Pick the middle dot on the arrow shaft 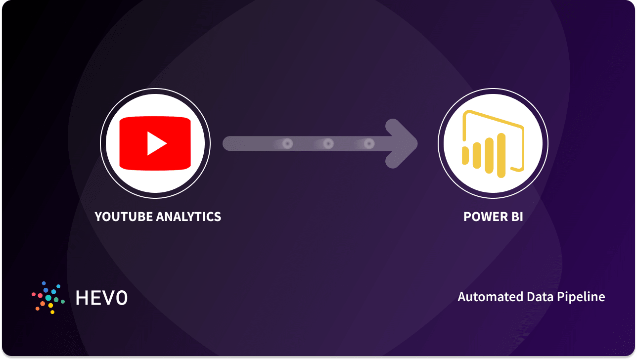pos(328,144)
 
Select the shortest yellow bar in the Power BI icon pos(465,155)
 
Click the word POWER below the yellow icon pos(481,217)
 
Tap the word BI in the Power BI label pos(514,217)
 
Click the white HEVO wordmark pos(101,297)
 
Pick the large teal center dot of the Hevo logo pos(48,298)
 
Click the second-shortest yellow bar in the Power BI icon pos(477,154)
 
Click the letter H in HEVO pos(82,297)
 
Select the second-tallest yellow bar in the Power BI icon pos(490,155)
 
